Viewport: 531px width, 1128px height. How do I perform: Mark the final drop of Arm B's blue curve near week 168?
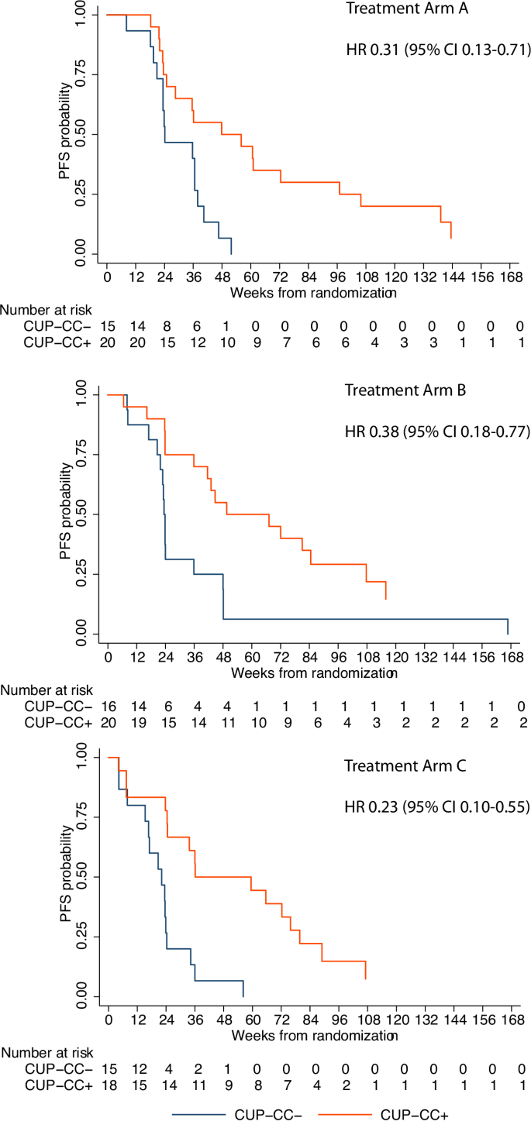(508, 626)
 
